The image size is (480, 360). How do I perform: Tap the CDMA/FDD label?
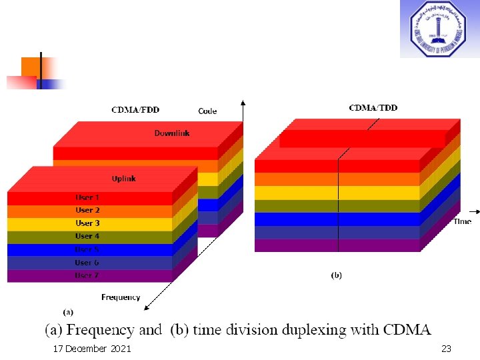135,110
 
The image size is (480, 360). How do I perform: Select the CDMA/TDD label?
373,107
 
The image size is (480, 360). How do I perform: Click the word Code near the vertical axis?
207,111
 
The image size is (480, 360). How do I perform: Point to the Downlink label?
172,133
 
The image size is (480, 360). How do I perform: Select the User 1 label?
87,198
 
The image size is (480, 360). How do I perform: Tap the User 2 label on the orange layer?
87,211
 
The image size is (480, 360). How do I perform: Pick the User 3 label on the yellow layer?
87,223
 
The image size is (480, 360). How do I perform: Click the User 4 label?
87,236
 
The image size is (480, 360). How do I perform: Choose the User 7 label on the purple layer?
87,275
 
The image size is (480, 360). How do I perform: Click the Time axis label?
462,221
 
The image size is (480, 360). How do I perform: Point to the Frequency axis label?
121,297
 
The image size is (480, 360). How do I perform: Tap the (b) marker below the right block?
337,275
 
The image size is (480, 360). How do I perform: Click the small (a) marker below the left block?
67,311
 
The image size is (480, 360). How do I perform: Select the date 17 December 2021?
92,349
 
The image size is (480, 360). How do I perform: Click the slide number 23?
446,349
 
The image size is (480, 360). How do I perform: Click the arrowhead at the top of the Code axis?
243,103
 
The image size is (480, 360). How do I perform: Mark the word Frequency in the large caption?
103,329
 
